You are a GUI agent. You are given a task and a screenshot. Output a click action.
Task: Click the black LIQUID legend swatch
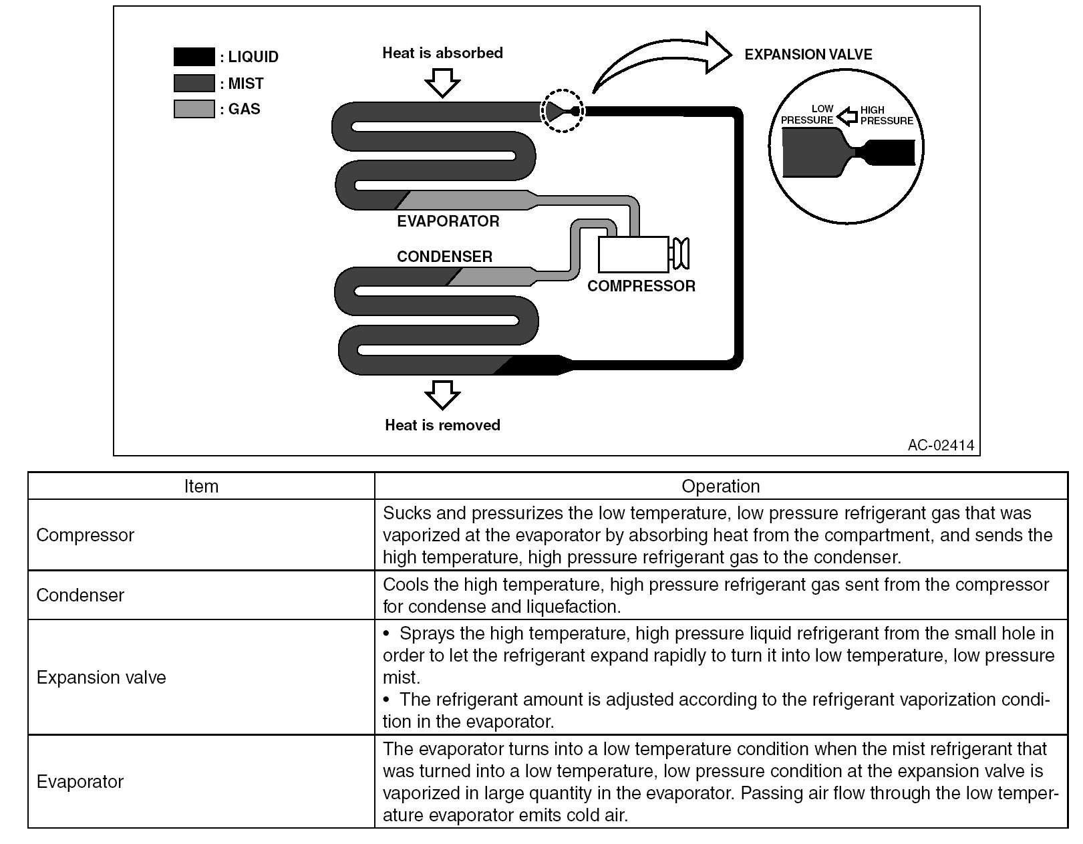[194, 57]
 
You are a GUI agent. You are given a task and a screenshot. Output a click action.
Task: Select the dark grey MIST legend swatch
[194, 83]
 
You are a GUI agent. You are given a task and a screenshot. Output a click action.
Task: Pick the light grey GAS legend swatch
[194, 109]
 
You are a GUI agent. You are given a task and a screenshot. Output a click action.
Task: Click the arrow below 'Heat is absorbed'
[442, 83]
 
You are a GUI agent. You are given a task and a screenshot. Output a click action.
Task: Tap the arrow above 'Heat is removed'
[442, 394]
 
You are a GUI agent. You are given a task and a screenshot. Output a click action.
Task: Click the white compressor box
[633, 254]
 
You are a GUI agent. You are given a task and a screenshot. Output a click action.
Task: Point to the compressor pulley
[681, 254]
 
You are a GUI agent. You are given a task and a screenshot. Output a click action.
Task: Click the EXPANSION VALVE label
[808, 55]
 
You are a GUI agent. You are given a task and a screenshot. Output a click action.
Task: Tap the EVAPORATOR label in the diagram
[448, 221]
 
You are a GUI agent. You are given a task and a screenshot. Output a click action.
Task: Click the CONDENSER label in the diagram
[444, 257]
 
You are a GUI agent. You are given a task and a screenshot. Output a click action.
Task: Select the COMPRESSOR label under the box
[641, 286]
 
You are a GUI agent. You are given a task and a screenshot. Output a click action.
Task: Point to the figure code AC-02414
[941, 445]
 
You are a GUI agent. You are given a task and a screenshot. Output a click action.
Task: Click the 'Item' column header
[201, 486]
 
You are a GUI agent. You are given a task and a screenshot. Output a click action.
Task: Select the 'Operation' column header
[720, 486]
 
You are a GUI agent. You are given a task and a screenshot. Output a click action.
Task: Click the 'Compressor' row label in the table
[86, 535]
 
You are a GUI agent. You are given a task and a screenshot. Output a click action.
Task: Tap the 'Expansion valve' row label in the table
[102, 678]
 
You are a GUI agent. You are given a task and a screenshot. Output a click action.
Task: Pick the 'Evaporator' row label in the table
[80, 782]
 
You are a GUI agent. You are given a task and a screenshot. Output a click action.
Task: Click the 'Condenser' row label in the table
[80, 595]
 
